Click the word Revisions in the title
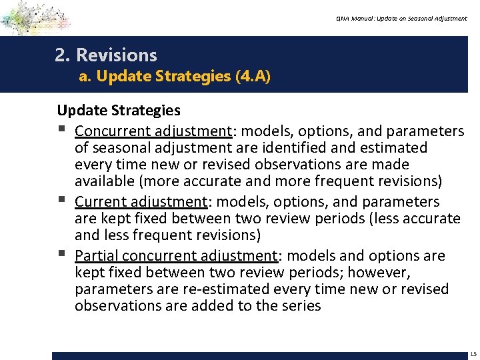coord(117,55)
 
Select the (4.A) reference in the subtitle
coord(253,77)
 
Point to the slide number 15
coord(473,354)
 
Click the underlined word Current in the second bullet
coord(100,202)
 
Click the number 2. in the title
coord(63,55)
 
